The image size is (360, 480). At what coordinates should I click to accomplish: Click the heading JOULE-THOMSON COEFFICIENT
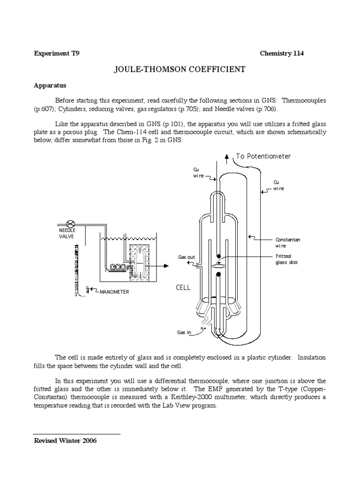tap(180, 69)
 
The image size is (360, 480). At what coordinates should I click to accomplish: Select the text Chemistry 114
tap(282, 53)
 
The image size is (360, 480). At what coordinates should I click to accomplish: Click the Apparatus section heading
tap(50, 86)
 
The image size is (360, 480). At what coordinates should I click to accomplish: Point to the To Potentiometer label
tap(263, 157)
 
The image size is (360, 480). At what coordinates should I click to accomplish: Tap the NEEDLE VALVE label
tap(67, 233)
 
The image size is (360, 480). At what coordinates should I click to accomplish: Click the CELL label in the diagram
tap(183, 287)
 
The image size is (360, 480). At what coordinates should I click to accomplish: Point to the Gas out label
tap(187, 257)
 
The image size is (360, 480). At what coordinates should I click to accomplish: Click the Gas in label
tap(184, 332)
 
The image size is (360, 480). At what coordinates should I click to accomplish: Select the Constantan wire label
tap(287, 243)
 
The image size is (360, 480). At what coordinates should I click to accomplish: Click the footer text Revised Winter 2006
tap(65, 441)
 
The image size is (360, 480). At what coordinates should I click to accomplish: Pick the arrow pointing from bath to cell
tap(161, 265)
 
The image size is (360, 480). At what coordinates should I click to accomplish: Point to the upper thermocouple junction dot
tap(218, 256)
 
